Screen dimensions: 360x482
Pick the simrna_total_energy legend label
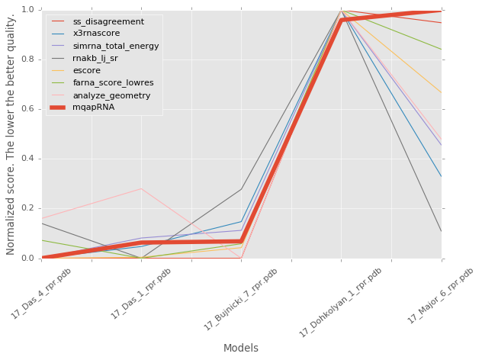(x=116, y=46)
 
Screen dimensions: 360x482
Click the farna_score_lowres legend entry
(x=113, y=82)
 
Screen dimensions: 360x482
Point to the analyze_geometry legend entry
(x=111, y=95)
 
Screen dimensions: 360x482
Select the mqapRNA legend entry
(x=94, y=108)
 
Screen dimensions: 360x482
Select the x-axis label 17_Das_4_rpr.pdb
(x=40, y=294)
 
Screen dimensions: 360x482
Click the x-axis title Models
(x=240, y=348)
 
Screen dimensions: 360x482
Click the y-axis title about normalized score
(x=11, y=133)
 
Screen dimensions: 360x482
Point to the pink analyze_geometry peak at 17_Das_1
(x=141, y=188)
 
